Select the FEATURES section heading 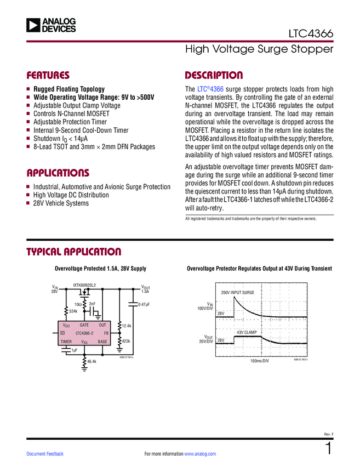[48, 75]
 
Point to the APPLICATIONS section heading [58, 173]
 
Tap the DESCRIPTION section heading [214, 75]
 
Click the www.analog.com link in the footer [200, 454]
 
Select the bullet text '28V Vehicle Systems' [61, 203]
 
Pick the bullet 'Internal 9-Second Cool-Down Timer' [81, 130]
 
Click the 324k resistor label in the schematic [73, 311]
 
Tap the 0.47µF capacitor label [144, 304]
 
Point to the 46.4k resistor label [92, 362]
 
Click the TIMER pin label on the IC [66, 342]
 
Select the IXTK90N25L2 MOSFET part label [84, 285]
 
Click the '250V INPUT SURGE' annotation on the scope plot [238, 293]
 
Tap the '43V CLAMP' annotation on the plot [247, 333]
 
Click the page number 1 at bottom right [329, 449]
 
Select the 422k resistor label [126, 341]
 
